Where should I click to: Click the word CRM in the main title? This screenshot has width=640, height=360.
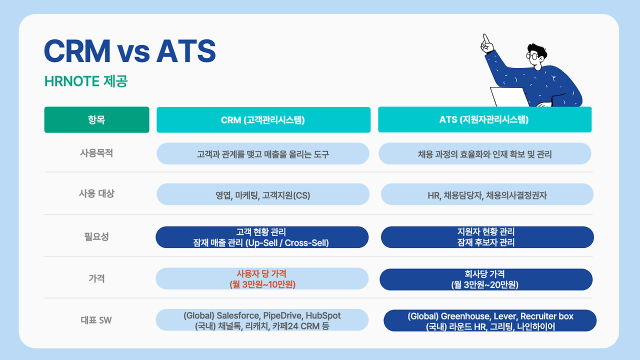[77, 51]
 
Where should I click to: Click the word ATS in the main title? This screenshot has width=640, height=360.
[186, 51]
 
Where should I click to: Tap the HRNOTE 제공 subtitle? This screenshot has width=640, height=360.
[85, 81]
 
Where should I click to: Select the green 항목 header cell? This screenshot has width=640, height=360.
[96, 120]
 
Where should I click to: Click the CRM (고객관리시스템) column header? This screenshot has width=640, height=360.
[263, 120]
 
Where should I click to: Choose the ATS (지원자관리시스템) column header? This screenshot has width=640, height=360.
[484, 120]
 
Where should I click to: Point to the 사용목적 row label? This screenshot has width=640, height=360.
[96, 153]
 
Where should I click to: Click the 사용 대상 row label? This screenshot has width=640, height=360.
[96, 193]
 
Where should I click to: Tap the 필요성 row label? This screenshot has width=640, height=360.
[96, 236]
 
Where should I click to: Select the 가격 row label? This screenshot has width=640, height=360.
[96, 278]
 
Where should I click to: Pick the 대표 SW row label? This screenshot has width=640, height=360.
[96, 320]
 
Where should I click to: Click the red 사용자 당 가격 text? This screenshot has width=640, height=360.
[261, 274]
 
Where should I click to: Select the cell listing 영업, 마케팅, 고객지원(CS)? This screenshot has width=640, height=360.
[263, 195]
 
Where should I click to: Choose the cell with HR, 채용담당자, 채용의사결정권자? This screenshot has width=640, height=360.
[487, 195]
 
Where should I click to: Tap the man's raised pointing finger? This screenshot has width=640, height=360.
[484, 38]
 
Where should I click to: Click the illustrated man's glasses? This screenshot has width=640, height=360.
[533, 55]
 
